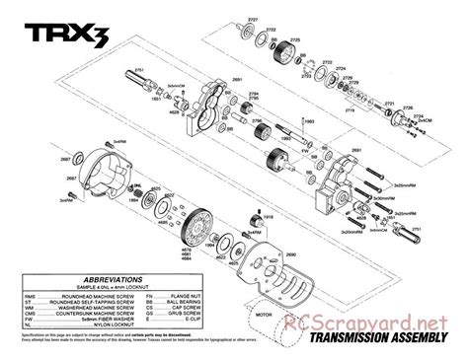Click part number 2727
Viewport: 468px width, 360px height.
(252, 20)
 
